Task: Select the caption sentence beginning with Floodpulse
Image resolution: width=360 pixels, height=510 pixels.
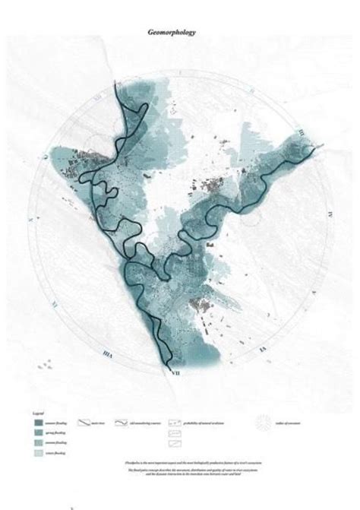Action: [180, 461]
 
